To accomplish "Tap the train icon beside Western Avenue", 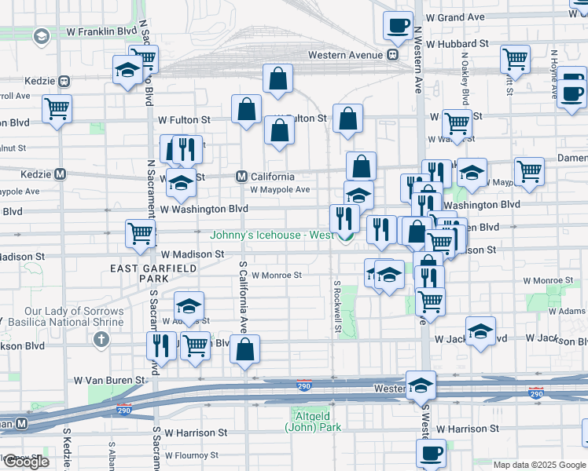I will [391, 55].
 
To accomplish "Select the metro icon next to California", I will [243, 177].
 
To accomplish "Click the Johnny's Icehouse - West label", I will [272, 235].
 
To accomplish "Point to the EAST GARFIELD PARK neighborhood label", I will [138, 273].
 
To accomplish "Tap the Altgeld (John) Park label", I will [314, 422].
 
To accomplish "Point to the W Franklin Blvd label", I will [105, 33].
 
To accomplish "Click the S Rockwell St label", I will [336, 307].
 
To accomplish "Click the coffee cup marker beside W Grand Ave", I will [398, 25].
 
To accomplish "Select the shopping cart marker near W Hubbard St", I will [515, 58].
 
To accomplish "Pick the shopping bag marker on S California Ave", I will [245, 351].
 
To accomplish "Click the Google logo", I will [26, 462].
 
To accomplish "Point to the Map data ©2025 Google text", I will [539, 465].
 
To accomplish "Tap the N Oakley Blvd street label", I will [465, 79].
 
